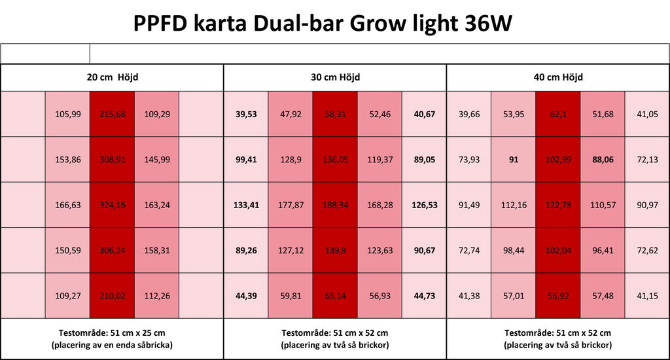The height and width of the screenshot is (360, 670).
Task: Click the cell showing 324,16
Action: [x=113, y=205]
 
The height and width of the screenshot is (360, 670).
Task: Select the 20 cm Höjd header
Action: [x=113, y=77]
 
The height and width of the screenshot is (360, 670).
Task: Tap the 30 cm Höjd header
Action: [x=335, y=77]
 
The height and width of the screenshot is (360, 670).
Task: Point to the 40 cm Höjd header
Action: [x=558, y=77]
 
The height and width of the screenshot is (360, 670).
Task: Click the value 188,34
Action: [x=335, y=205]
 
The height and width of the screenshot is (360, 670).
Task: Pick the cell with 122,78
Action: [x=558, y=205]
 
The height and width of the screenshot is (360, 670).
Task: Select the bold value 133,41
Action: [x=246, y=205]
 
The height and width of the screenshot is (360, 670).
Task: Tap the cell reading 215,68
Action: [x=113, y=114]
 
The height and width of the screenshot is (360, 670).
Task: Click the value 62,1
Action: [x=558, y=114]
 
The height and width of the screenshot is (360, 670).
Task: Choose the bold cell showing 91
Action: [x=514, y=159]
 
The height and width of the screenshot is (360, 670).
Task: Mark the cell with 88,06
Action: [x=603, y=159]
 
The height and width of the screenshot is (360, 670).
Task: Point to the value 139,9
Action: [x=335, y=250]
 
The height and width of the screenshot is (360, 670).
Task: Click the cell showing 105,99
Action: [x=68, y=114]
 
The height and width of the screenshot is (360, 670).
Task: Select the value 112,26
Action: [x=157, y=295]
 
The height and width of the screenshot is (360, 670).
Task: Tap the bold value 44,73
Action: [x=425, y=295]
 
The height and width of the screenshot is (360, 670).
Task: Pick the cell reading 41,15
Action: [x=647, y=295]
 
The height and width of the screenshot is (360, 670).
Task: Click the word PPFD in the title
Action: [x=160, y=24]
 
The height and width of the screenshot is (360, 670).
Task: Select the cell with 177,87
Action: [x=291, y=205]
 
